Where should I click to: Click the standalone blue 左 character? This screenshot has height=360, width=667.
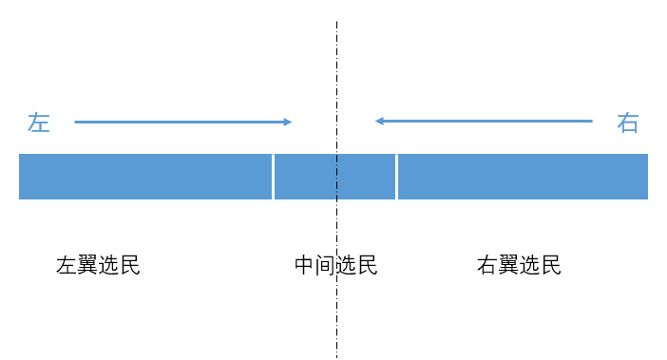(x=38, y=123)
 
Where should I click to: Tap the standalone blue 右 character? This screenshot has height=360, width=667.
(x=628, y=123)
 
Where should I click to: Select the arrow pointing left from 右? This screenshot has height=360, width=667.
(x=484, y=121)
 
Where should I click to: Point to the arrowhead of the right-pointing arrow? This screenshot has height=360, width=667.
(x=288, y=122)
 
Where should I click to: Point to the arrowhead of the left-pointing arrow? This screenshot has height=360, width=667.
(x=378, y=121)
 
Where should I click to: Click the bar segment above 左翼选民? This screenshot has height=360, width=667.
(x=145, y=176)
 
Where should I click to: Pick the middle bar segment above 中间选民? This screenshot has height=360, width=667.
(x=335, y=176)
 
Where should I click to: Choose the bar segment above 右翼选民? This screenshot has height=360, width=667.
(x=523, y=176)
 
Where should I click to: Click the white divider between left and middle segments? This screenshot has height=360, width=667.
(x=274, y=176)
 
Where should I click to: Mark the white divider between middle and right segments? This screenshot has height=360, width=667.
(x=397, y=176)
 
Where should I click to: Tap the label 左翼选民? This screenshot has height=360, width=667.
(x=98, y=265)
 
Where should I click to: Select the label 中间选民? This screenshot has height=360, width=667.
(x=336, y=265)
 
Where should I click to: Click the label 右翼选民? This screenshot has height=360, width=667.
(x=519, y=265)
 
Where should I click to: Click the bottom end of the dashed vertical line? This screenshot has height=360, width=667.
(x=336, y=356)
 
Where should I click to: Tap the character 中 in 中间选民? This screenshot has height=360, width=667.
(x=305, y=265)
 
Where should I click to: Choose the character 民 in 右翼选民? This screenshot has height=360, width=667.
(x=551, y=265)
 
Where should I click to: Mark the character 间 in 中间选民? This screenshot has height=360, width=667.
(x=326, y=265)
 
